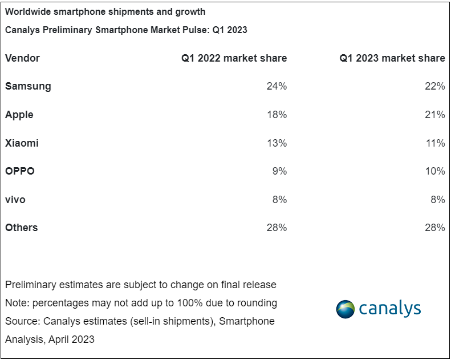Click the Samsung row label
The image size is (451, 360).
pyautogui.click(x=28, y=86)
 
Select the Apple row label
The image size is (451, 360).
pyautogui.click(x=19, y=115)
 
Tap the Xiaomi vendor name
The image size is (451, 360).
pyautogui.click(x=22, y=143)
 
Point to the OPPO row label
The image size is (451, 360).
pyautogui.click(x=20, y=171)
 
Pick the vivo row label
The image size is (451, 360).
pyautogui.click(x=15, y=200)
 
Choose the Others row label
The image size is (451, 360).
pyautogui.click(x=22, y=228)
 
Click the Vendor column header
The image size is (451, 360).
pyautogui.click(x=22, y=58)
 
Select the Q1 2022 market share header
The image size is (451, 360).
pyautogui.click(x=234, y=58)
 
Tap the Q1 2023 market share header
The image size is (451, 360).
pyautogui.click(x=392, y=58)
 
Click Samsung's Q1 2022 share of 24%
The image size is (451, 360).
pyautogui.click(x=277, y=86)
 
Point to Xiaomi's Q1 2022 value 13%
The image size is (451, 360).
pyautogui.click(x=277, y=143)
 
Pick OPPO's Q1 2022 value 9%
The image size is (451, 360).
pyautogui.click(x=279, y=171)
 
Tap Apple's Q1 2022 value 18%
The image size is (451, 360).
pyautogui.click(x=277, y=115)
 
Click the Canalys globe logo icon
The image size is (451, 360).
pyautogui.click(x=345, y=309)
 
